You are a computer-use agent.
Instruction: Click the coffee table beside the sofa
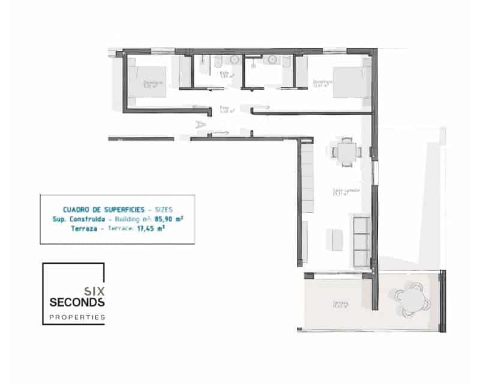click(335, 239)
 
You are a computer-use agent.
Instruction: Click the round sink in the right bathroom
click(273, 59)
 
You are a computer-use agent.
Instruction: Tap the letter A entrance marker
click(199, 125)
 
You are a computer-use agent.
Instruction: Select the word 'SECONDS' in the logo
click(77, 301)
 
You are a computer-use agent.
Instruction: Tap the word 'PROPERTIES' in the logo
click(77, 316)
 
